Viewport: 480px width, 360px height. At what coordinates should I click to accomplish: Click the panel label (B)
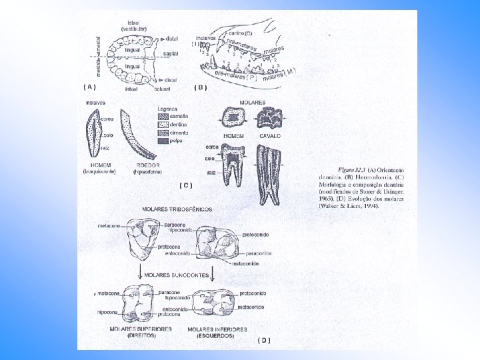200,87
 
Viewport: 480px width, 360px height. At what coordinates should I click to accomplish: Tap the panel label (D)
264,340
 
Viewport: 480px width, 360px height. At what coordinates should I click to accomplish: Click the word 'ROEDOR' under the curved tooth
148,164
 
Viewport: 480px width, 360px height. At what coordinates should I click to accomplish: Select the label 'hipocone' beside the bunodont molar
107,311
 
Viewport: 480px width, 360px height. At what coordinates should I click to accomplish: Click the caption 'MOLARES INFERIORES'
217,329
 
